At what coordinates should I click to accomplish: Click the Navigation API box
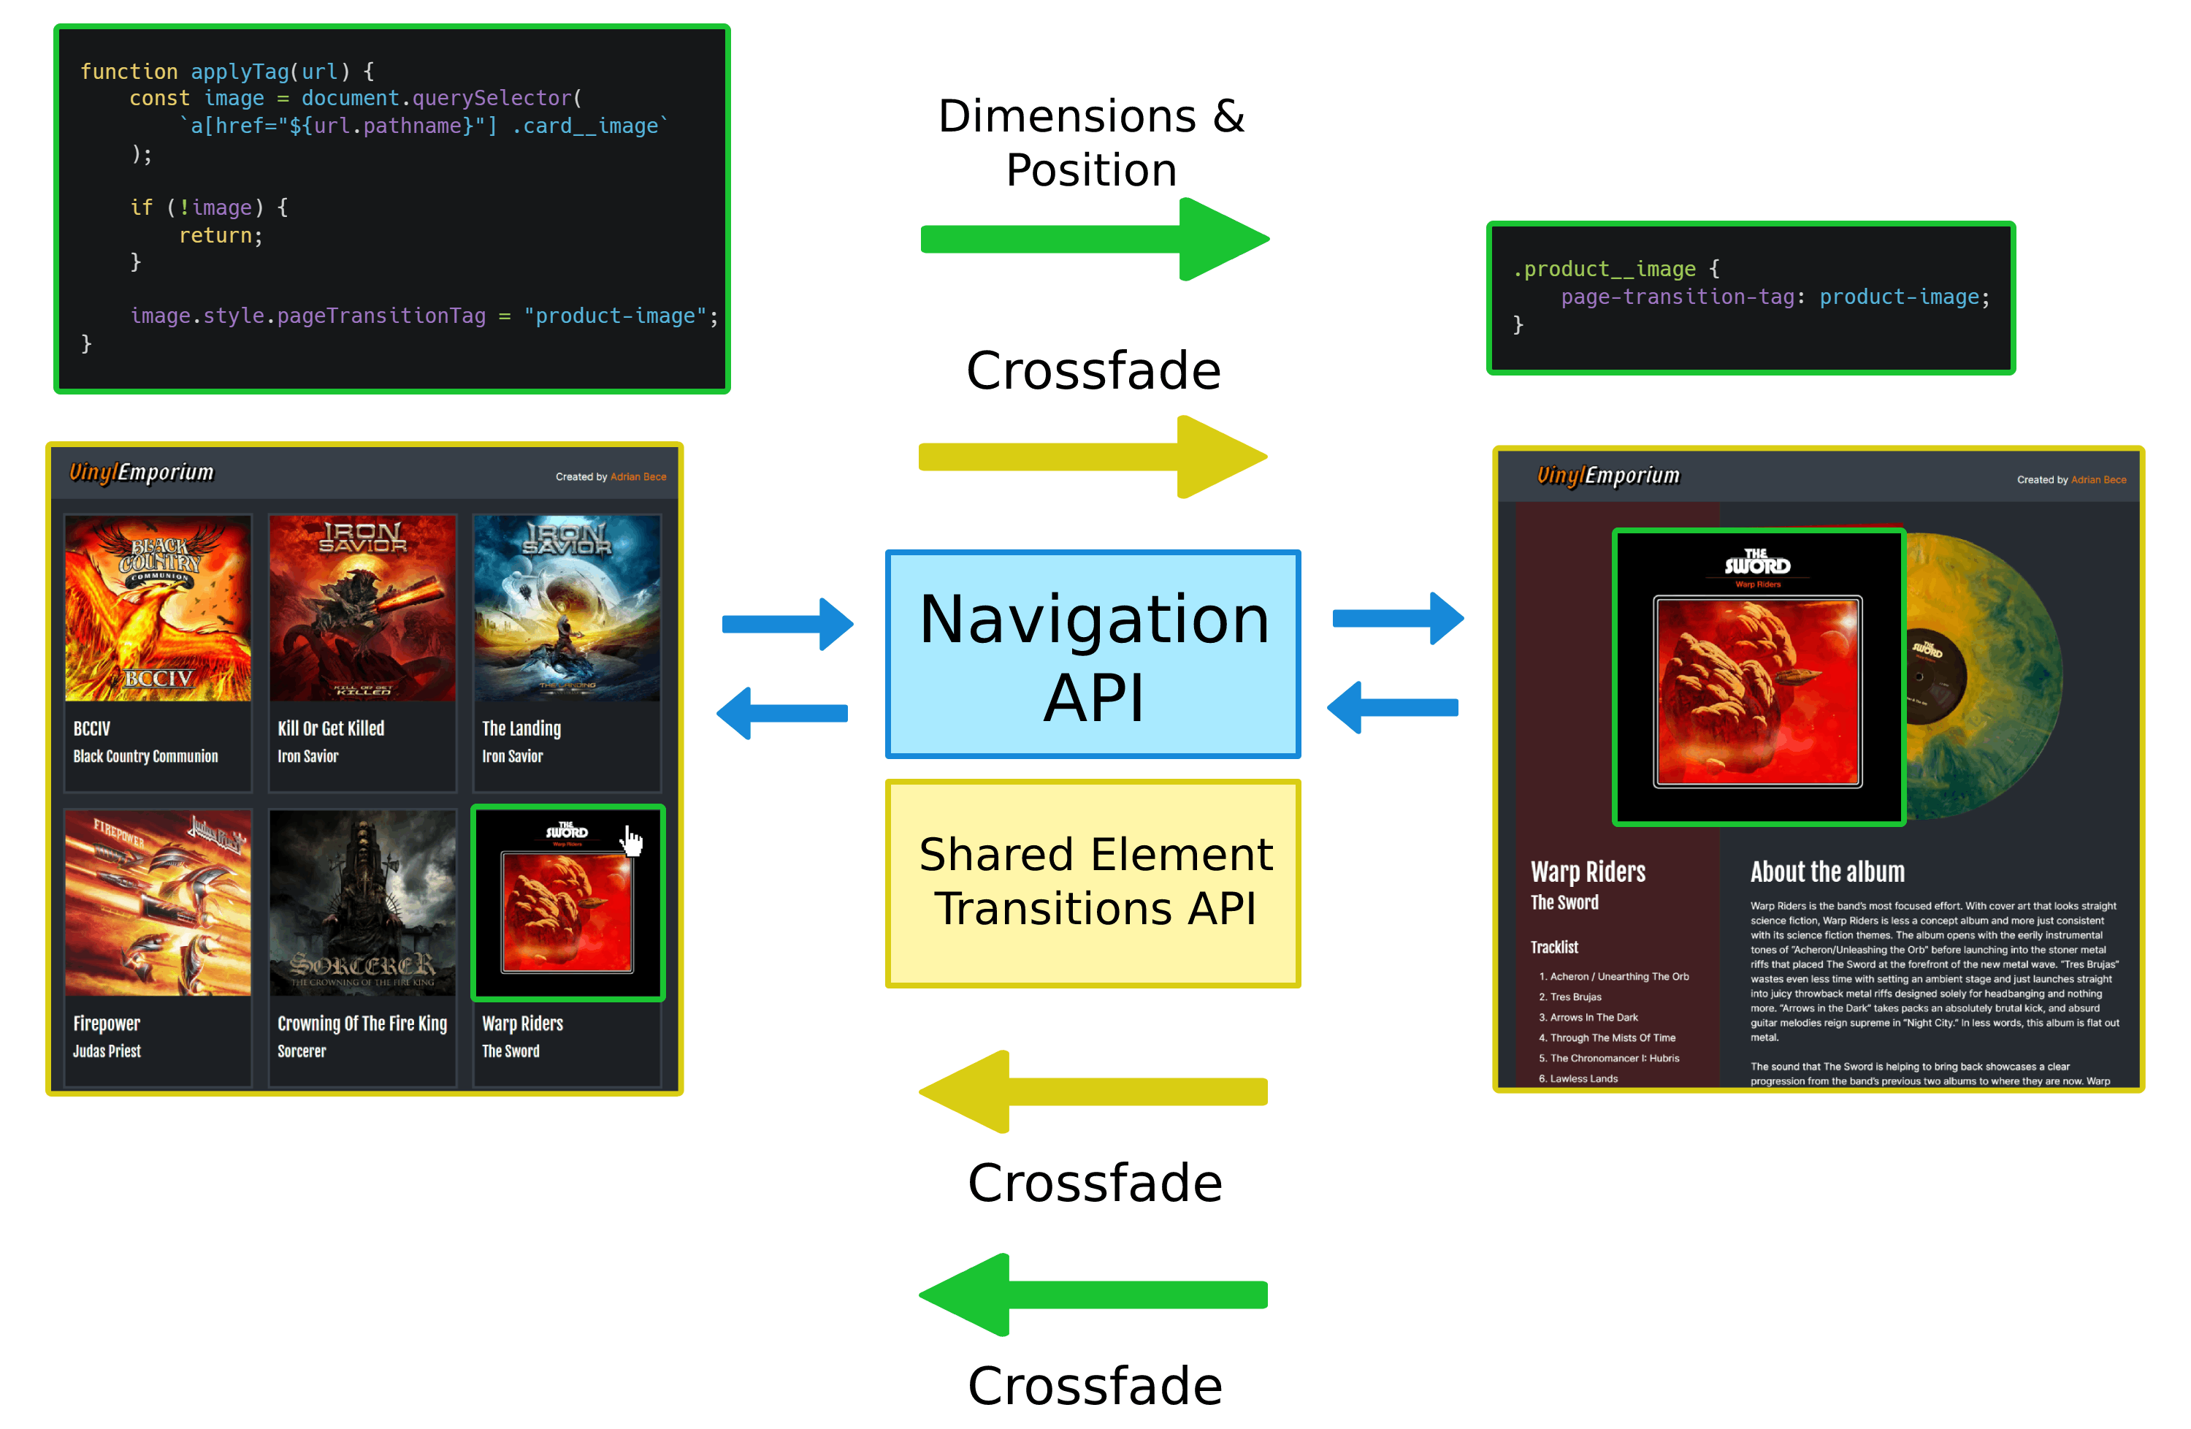coord(1093,655)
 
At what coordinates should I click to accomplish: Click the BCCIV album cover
coord(158,609)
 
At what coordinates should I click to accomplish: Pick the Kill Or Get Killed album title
coord(331,728)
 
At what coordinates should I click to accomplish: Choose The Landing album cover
coord(566,609)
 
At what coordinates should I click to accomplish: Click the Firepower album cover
coord(158,903)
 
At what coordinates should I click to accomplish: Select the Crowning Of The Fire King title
coord(362,1023)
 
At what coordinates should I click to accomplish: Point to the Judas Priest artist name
coord(107,1051)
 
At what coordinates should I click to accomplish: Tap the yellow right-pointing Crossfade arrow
coord(1092,457)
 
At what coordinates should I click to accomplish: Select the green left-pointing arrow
coord(1092,1295)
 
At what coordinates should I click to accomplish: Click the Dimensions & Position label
coord(1091,142)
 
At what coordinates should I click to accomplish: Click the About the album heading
coord(1827,872)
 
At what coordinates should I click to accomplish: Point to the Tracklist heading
coord(1554,947)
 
